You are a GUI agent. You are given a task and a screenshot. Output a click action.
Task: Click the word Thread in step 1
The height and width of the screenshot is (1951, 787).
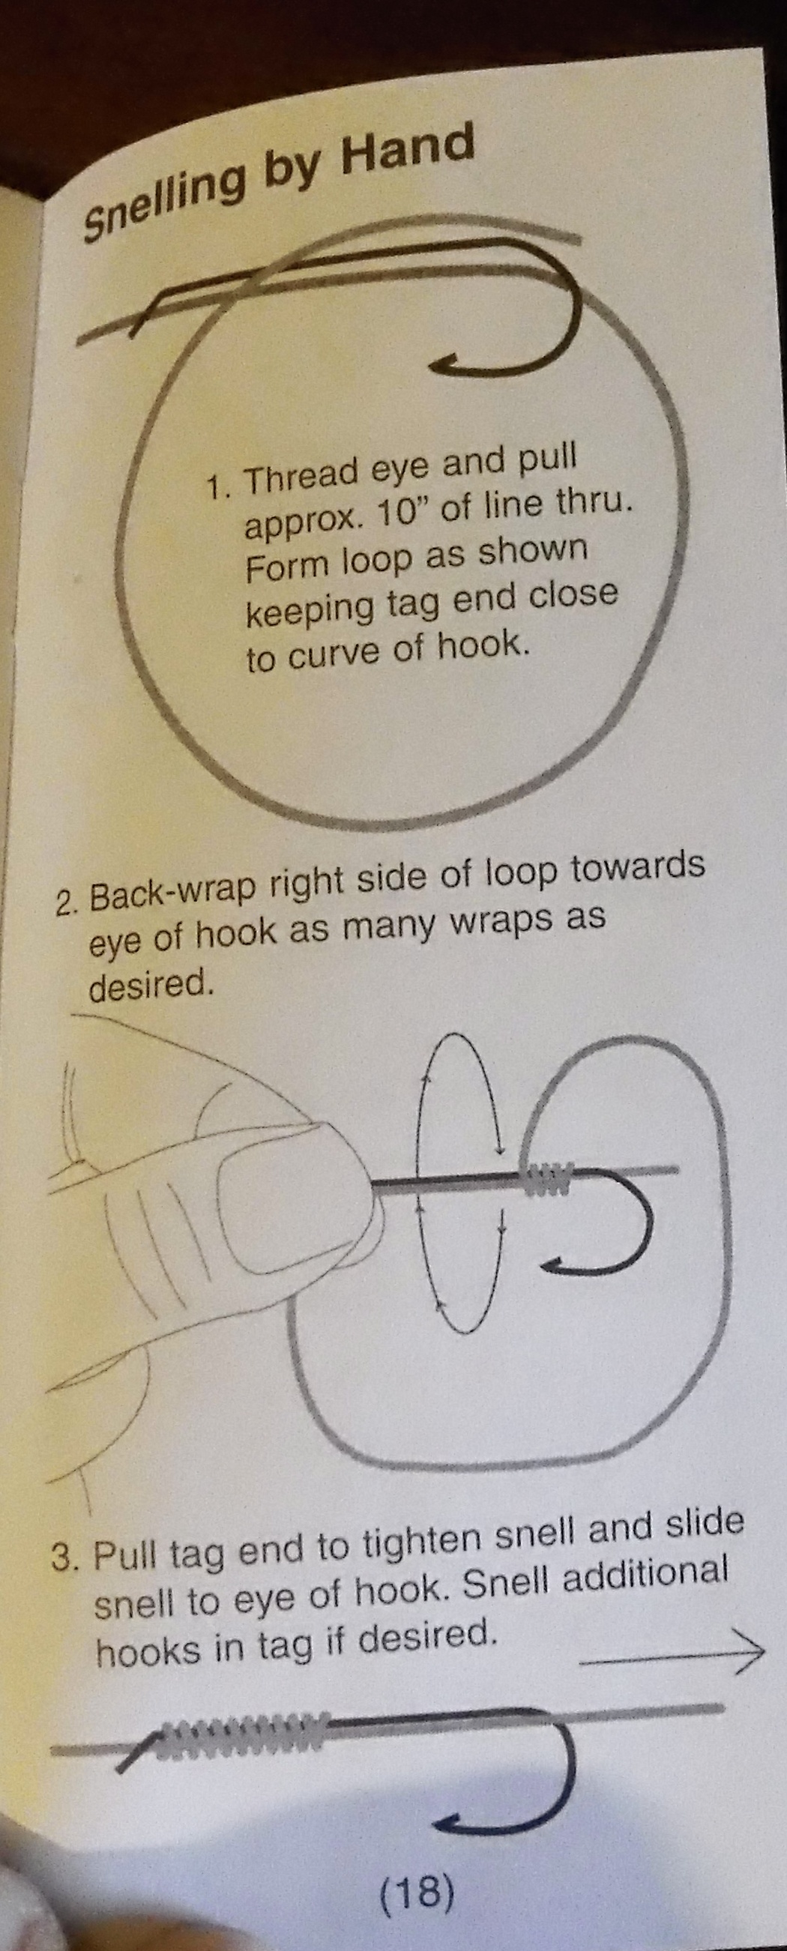302,476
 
